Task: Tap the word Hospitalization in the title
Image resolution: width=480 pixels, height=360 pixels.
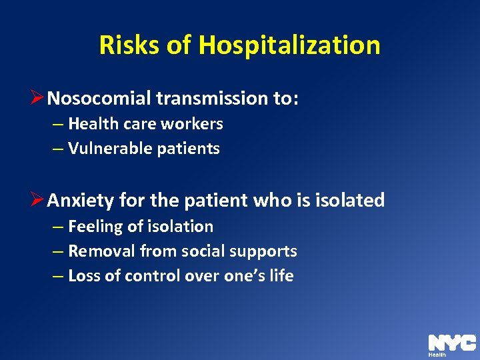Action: tap(289, 45)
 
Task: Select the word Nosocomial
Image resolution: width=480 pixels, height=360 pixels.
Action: tap(100, 99)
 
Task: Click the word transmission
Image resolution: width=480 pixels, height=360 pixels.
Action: tap(213, 99)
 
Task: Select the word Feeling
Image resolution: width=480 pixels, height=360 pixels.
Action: tap(95, 227)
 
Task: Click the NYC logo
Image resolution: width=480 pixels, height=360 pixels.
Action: tap(451, 343)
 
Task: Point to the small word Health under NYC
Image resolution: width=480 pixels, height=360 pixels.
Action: tap(437, 355)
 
